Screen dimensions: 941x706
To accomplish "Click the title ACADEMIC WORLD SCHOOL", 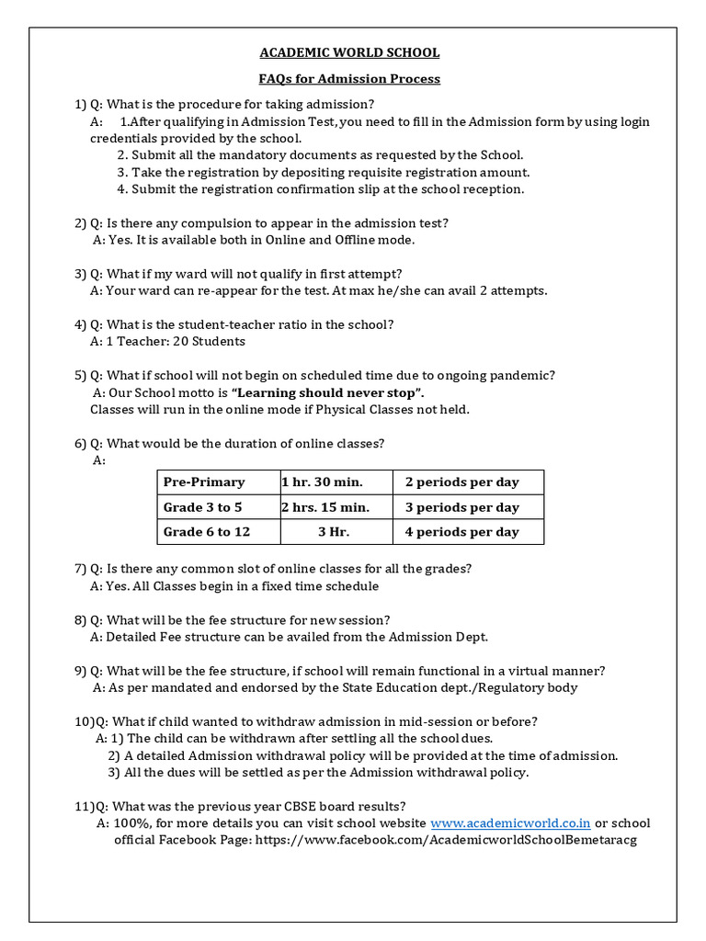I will click(353, 53).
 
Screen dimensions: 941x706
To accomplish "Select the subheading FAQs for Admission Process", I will click(353, 79).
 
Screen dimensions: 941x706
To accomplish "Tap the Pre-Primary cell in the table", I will click(204, 482).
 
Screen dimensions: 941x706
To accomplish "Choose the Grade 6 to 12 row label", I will click(207, 532).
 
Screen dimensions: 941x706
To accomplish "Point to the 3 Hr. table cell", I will click(334, 532).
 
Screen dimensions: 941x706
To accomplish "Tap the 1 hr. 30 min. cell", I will click(322, 482).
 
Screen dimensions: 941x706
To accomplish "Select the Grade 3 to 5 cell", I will click(203, 507).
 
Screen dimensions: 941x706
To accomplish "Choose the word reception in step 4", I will click(495, 189).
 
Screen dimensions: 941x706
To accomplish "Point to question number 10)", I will click(83, 721).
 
